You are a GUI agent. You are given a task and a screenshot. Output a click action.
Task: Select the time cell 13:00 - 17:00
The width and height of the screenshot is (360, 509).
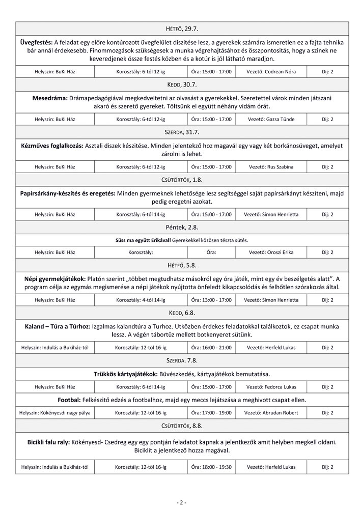click(x=211, y=300)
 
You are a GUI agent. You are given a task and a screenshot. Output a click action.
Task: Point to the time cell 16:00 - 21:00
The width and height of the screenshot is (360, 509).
click(x=211, y=348)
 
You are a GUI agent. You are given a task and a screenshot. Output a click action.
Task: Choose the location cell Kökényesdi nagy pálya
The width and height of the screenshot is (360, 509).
click(x=54, y=412)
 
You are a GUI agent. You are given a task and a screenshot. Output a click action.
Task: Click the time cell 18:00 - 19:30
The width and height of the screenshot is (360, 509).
click(x=211, y=467)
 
